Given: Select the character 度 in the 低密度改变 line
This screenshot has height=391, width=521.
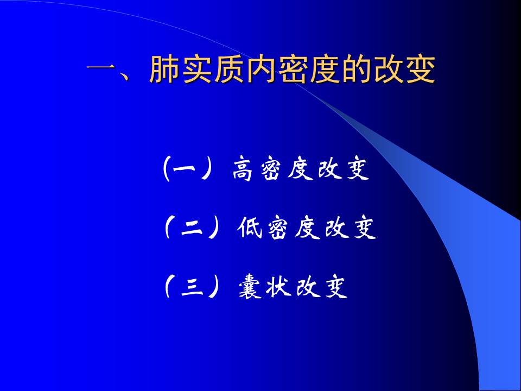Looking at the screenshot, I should [307, 229].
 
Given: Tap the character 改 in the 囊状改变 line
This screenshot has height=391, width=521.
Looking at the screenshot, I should [307, 287].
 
